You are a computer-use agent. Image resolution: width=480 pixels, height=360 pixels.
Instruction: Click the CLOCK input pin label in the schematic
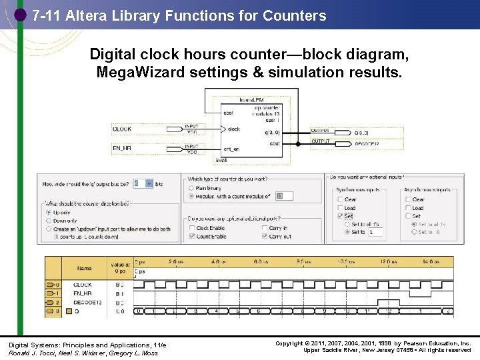tap(122, 129)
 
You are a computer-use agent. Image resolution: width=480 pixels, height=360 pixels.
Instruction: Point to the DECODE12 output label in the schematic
tap(366, 143)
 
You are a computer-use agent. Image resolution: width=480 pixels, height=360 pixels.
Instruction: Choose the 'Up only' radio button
tap(48, 213)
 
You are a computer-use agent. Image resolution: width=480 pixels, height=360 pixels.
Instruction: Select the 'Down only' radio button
tap(48, 221)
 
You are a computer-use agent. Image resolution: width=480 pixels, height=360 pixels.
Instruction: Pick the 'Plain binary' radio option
tap(192, 189)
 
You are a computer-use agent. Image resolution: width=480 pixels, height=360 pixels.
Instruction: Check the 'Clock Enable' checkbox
tap(192, 228)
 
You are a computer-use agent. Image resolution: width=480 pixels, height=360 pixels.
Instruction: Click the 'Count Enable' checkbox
tap(192, 236)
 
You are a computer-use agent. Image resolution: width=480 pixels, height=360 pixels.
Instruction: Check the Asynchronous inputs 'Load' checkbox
tap(407, 208)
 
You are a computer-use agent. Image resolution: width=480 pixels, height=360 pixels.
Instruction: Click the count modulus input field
tap(283, 196)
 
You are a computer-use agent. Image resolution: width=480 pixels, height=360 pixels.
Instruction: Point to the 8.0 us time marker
tap(303, 262)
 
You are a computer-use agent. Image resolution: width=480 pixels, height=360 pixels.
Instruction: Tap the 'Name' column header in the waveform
tap(84, 268)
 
